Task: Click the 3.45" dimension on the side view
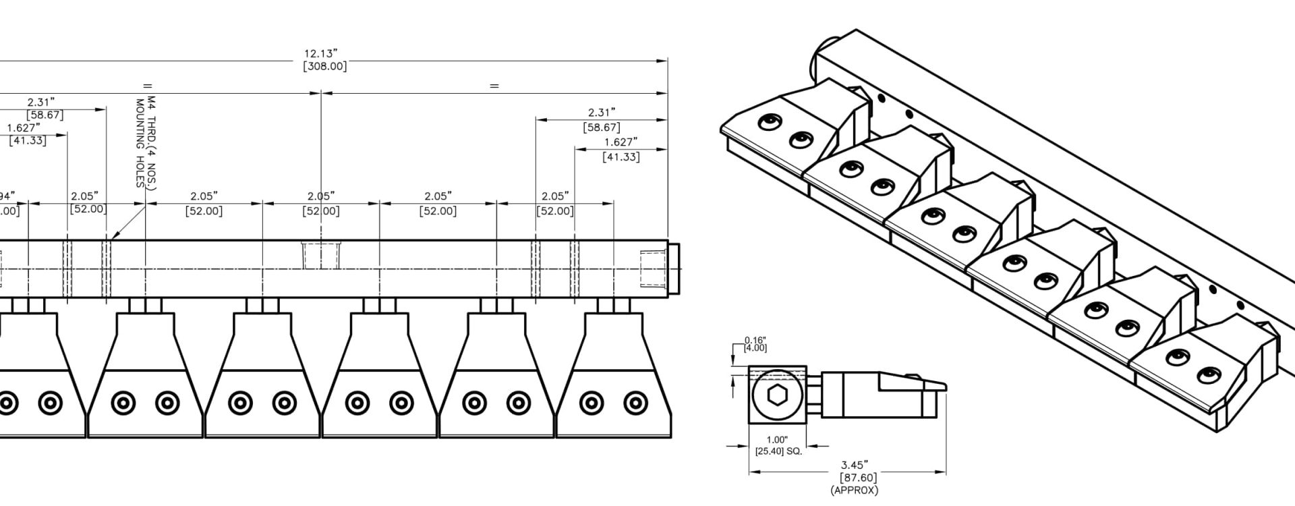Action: tap(854, 465)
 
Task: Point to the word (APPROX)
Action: tap(854, 490)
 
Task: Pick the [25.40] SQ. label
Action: tap(779, 450)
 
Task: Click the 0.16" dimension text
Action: tap(755, 340)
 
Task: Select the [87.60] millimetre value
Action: tap(854, 478)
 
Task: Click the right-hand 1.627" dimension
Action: tap(621, 142)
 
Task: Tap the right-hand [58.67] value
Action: tap(601, 127)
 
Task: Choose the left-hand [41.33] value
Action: tap(28, 140)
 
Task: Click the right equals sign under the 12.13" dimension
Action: tap(494, 86)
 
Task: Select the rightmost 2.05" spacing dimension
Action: tap(555, 196)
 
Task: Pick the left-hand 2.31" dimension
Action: tap(41, 103)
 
